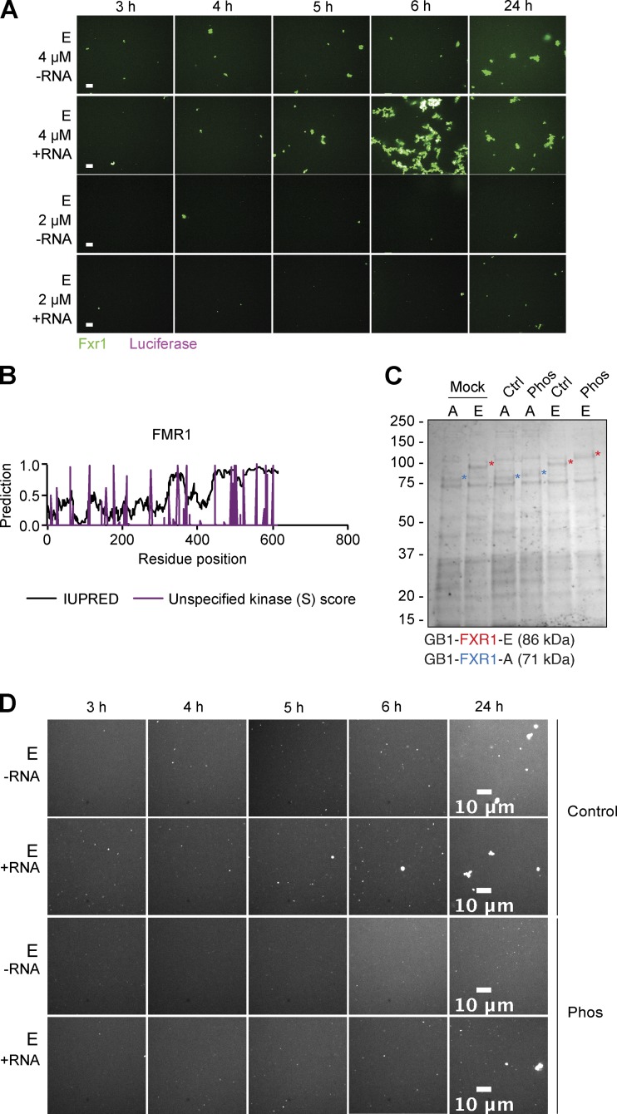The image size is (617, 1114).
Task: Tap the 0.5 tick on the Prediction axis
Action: coord(33,495)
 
